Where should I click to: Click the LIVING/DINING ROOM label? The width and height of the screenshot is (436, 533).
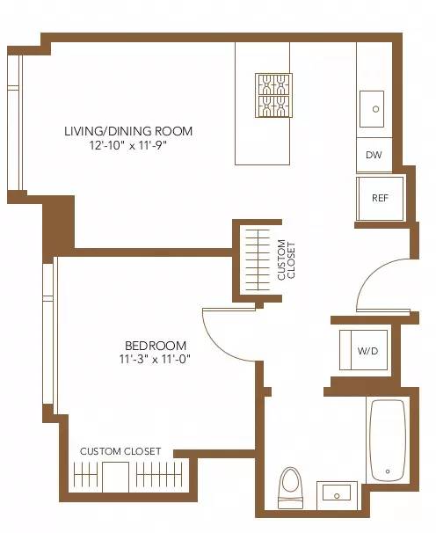point(127,132)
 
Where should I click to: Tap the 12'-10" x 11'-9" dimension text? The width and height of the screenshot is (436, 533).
point(127,146)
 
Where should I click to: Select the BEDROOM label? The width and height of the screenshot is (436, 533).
point(156,345)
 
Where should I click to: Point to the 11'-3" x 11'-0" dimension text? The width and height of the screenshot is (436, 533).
point(156,359)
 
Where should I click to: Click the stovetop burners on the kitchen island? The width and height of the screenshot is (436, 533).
point(273,95)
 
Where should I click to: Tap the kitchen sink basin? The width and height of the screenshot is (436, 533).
point(375,109)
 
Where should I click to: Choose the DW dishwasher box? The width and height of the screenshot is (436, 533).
point(374,156)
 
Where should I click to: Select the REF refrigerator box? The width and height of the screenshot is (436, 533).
point(380,198)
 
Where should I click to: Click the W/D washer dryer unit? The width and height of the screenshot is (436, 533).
point(367,351)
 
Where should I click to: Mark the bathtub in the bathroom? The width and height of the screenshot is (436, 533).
point(387,441)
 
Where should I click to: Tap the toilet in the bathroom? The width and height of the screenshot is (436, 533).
point(289,488)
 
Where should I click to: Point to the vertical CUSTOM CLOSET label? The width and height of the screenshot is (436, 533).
point(287,259)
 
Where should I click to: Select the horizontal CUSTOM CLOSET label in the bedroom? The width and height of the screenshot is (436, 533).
point(120,451)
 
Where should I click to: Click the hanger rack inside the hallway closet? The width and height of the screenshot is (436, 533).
point(257,260)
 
